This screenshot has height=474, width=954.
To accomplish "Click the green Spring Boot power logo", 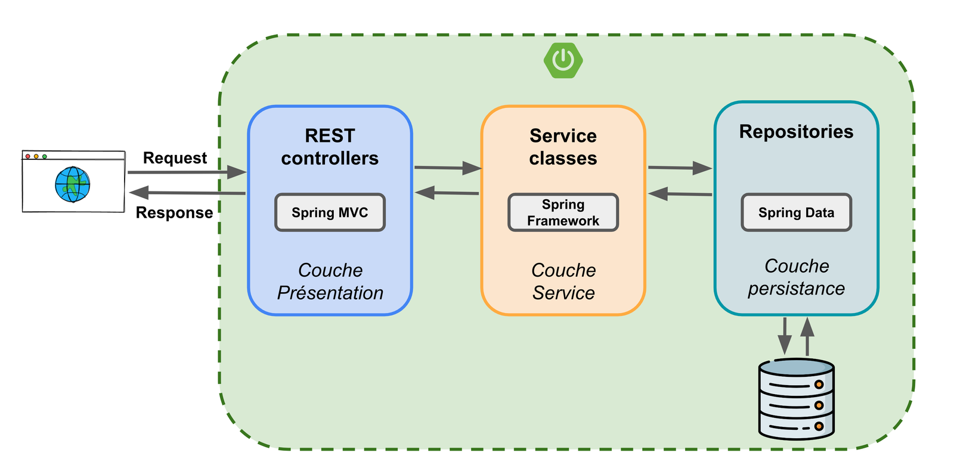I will [x=563, y=60].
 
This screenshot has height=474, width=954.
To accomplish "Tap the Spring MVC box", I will [x=330, y=212].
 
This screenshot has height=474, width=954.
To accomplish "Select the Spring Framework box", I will [x=563, y=212].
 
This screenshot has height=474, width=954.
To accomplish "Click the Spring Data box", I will [x=796, y=212].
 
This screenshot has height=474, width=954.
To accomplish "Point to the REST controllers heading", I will [x=330, y=147].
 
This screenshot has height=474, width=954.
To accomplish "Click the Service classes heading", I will [x=563, y=147].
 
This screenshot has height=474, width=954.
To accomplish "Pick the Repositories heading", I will [x=796, y=132].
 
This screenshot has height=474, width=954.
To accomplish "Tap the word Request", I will [x=175, y=158].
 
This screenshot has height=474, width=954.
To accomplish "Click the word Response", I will [x=174, y=213].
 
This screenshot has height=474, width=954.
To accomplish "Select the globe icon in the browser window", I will [x=73, y=184].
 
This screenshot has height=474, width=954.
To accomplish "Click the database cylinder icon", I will [x=796, y=399].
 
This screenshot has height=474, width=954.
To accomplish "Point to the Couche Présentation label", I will [x=330, y=281].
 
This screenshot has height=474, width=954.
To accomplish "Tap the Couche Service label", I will [x=563, y=281].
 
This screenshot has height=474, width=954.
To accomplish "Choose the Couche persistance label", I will [x=796, y=277].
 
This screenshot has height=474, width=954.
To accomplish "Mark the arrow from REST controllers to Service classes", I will [x=447, y=168].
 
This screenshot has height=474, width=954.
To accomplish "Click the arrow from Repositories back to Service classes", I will [x=680, y=194].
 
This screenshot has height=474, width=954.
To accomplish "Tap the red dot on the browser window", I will [x=28, y=156].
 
